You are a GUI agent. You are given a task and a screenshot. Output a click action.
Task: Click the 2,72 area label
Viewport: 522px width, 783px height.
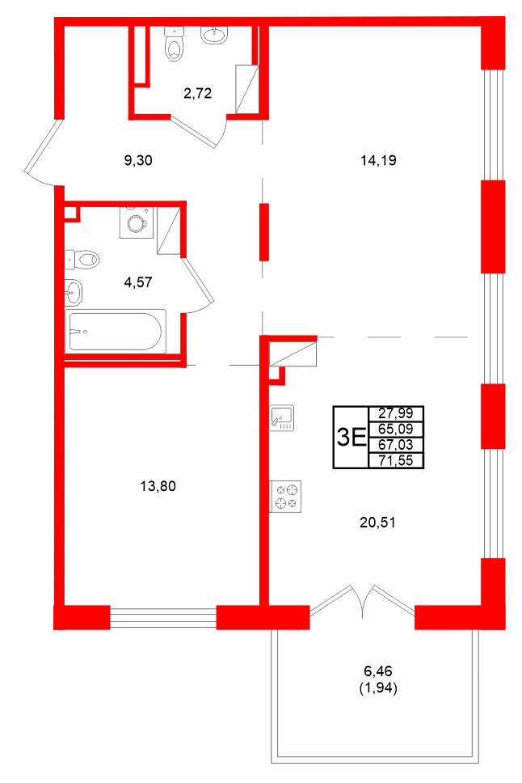tap(197, 93)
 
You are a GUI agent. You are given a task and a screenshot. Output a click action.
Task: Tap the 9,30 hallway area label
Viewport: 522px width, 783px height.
tap(138, 160)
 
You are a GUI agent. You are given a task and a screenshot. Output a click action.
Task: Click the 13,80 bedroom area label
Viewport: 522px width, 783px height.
tap(158, 486)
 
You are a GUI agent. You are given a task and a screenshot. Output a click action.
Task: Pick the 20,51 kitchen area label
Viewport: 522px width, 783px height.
tap(377, 522)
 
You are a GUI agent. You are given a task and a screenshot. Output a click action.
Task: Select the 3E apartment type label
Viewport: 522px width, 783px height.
tap(349, 438)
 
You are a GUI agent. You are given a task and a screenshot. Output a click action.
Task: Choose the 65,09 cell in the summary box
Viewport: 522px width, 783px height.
tap(395, 430)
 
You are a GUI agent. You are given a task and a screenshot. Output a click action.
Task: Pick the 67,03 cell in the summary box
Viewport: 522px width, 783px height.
tap(395, 445)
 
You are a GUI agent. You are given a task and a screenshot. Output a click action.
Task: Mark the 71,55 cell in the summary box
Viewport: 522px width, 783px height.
tap(395, 460)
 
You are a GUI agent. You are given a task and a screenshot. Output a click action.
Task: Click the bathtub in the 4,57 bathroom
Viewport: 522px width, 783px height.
tap(116, 330)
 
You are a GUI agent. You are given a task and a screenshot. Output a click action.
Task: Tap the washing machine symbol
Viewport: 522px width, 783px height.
tap(135, 222)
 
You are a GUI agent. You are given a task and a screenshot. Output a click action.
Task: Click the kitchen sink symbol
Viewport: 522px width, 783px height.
tap(284, 417)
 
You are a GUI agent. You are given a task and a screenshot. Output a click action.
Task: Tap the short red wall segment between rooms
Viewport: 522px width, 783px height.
tap(263, 231)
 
